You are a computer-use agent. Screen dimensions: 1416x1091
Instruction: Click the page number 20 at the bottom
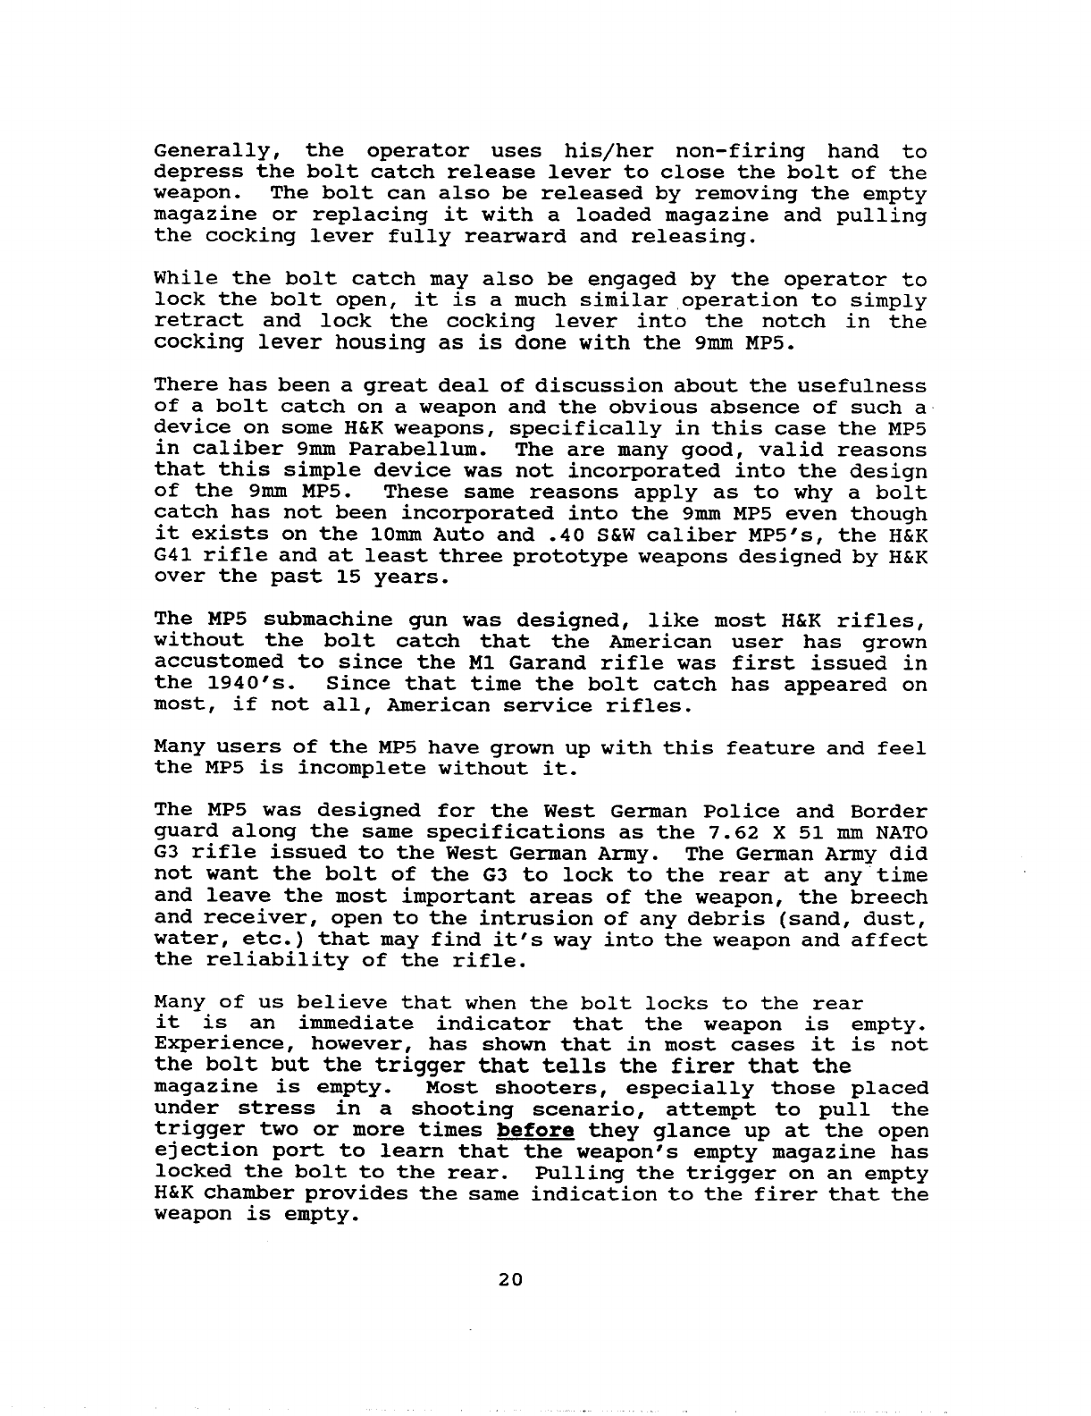(509, 1278)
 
